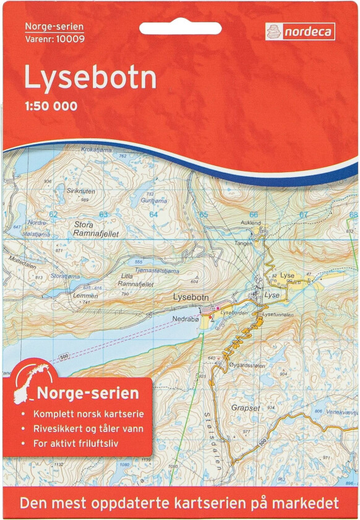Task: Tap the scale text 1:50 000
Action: point(51,106)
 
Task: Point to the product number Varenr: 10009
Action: point(54,39)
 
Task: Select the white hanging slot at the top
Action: point(180,28)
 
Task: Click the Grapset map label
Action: point(246,409)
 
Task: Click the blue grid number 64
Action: point(153,214)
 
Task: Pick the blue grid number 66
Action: point(253,215)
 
